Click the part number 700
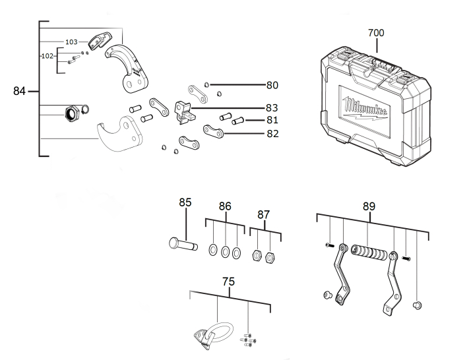(x=376, y=32)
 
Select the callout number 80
(x=272, y=85)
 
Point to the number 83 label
(x=272, y=107)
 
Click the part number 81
(x=272, y=121)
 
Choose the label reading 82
(x=272, y=133)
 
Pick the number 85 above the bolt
(x=185, y=202)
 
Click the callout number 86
(x=225, y=206)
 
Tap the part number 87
(x=264, y=214)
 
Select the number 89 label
(x=369, y=206)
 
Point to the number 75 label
(x=228, y=282)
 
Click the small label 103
(x=71, y=42)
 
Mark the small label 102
(x=47, y=56)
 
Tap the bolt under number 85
(x=182, y=245)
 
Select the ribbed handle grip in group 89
(x=369, y=254)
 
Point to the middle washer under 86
(x=225, y=251)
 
